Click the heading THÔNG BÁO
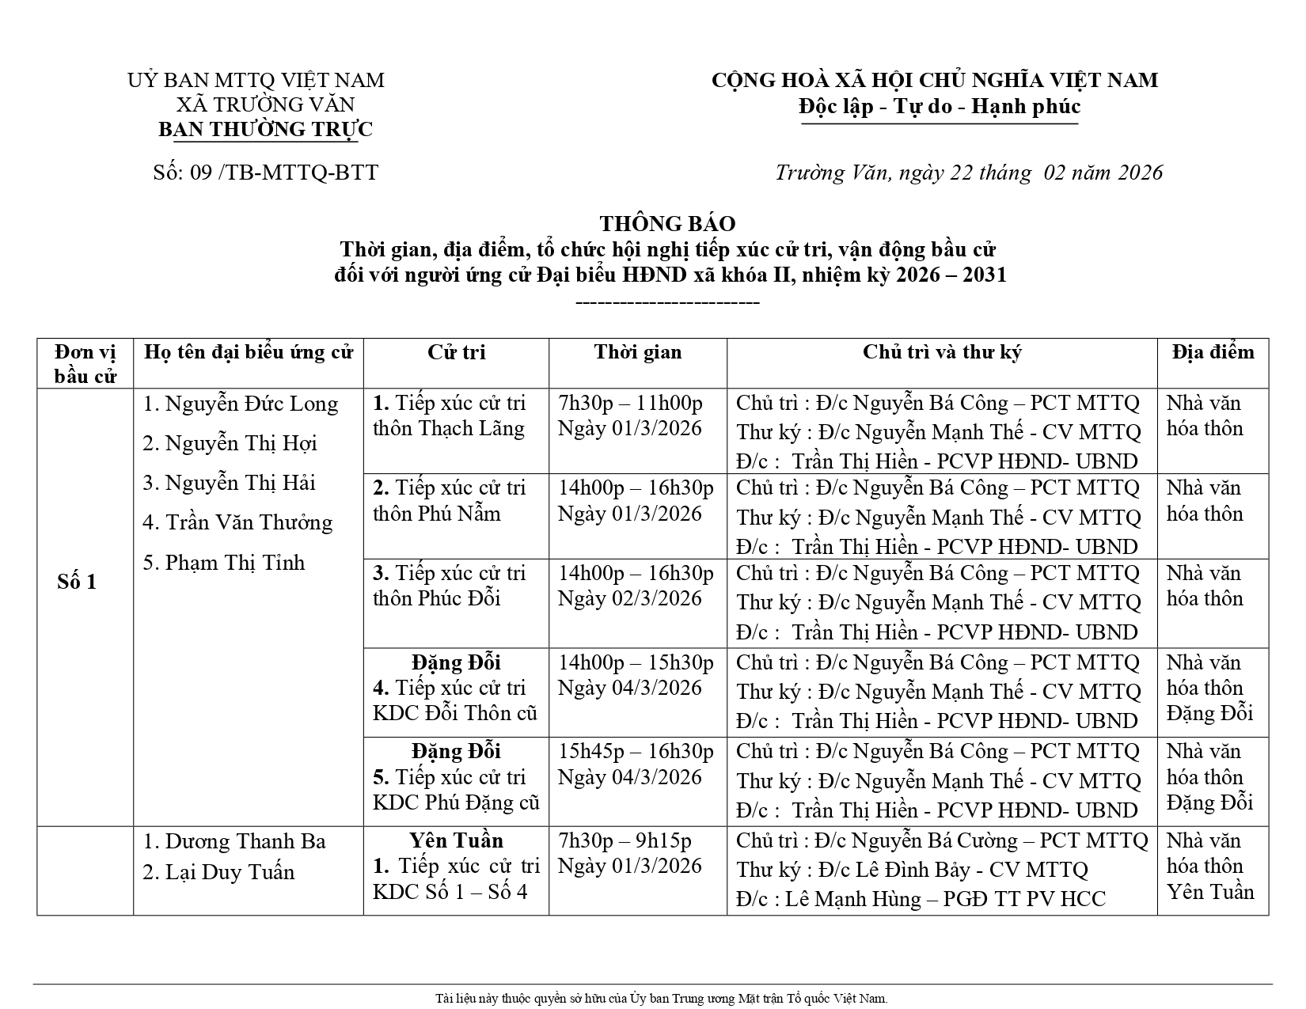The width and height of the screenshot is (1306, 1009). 667,224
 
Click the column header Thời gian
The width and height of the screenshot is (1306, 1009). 638,352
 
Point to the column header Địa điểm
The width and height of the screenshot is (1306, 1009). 1213,352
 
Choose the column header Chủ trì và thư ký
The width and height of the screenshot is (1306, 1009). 942,352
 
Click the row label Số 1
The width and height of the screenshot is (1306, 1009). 77,582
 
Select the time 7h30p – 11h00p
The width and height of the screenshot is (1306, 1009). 630,404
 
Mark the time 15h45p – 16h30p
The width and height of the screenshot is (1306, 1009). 636,752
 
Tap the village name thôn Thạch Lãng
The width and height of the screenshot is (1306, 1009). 449,429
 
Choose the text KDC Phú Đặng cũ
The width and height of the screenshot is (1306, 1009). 456,803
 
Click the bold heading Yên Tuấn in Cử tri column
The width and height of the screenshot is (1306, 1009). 456,840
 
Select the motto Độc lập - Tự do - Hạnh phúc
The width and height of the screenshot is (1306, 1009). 939,106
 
